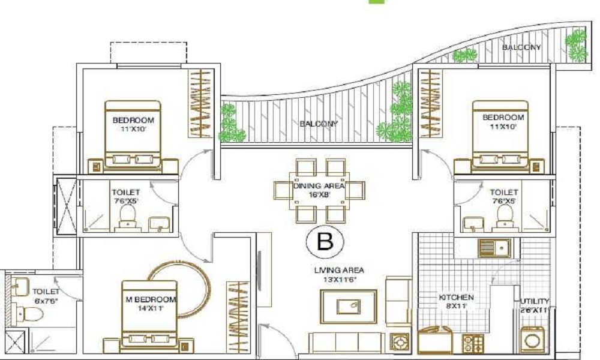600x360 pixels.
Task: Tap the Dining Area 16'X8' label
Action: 319,190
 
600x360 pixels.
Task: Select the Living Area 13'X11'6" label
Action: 339,275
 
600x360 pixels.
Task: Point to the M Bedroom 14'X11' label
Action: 150,303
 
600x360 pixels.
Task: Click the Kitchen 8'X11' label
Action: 455,301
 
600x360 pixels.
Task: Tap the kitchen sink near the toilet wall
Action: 494,247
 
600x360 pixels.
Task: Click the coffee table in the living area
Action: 348,305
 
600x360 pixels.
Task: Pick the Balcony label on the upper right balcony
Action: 521,47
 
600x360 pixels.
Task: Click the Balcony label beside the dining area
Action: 319,124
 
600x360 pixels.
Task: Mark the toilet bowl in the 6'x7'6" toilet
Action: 22,312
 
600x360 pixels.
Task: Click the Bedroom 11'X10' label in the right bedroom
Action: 503,122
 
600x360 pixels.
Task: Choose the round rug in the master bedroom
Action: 180,288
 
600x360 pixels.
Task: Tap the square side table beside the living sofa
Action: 398,343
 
